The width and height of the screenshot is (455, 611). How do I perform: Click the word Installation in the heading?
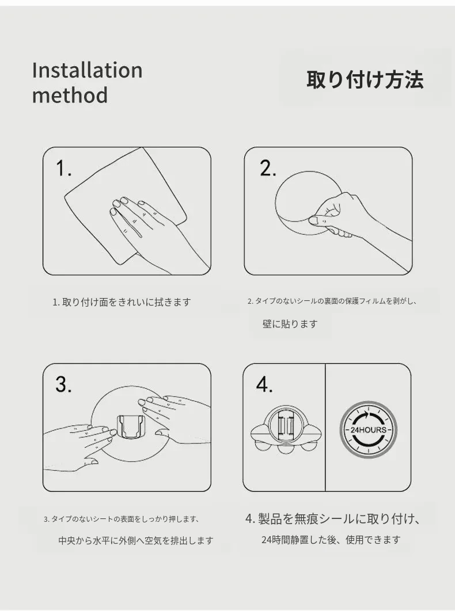pyautogui.click(x=88, y=71)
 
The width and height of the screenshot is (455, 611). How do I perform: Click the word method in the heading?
pyautogui.click(x=70, y=96)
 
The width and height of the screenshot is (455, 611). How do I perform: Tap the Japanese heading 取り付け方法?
pyautogui.click(x=365, y=79)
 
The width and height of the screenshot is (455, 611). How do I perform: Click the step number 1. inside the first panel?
pyautogui.click(x=63, y=169)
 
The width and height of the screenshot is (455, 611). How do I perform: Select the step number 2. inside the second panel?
pyautogui.click(x=268, y=169)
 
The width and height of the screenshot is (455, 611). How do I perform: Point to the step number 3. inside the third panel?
pyautogui.click(x=63, y=384)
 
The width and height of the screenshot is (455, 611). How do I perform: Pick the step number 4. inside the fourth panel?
pyautogui.click(x=264, y=384)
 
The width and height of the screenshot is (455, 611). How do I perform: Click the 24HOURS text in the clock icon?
pyautogui.click(x=369, y=430)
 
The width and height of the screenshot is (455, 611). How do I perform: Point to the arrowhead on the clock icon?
pyautogui.click(x=366, y=414)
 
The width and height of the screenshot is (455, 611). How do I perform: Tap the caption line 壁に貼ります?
pyautogui.click(x=290, y=324)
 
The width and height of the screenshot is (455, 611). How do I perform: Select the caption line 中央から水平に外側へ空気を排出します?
pyautogui.click(x=136, y=540)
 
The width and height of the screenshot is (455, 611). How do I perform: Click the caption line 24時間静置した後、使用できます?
pyautogui.click(x=331, y=540)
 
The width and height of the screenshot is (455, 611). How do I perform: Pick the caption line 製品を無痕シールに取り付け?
pyautogui.click(x=332, y=519)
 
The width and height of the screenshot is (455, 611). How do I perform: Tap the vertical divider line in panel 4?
pyautogui.click(x=325, y=427)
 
